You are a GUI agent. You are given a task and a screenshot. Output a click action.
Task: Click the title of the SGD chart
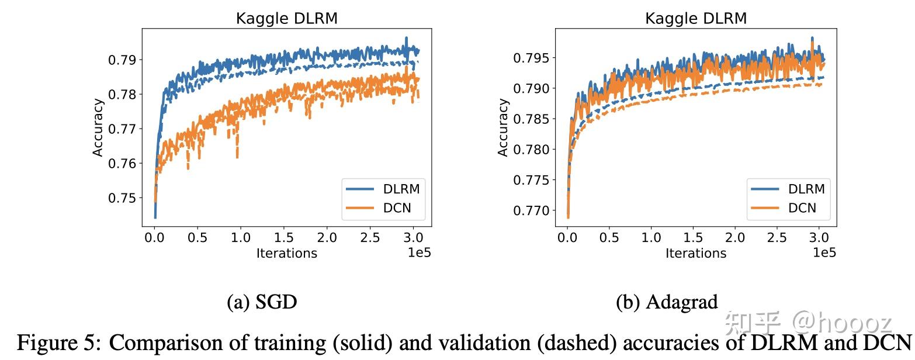(x=286, y=19)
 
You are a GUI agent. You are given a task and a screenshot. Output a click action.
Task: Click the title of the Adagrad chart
(x=695, y=19)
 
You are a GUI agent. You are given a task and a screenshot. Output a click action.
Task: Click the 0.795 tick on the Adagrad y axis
(x=532, y=58)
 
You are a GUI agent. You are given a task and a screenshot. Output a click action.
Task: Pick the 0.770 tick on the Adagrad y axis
(x=532, y=210)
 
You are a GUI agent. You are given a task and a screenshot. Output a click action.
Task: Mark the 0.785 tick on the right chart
(x=532, y=119)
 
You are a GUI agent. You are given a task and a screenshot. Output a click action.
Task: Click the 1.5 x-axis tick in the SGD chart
(x=284, y=238)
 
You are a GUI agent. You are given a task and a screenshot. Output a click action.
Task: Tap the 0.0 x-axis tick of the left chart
(x=155, y=238)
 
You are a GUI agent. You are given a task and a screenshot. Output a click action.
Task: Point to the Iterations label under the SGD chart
(x=286, y=253)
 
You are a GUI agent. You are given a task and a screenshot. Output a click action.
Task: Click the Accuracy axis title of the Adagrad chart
(x=503, y=127)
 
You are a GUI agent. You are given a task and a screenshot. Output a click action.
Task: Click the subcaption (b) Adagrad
(x=667, y=302)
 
